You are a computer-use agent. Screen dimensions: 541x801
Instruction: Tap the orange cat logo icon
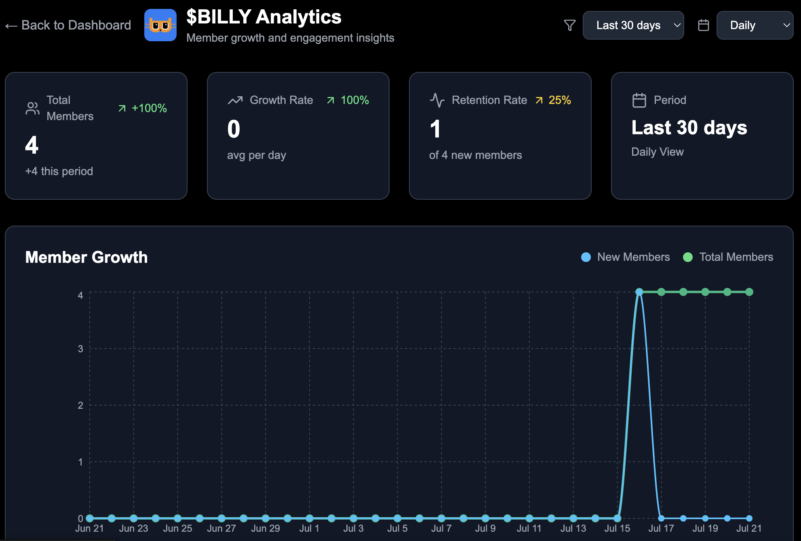[160, 25]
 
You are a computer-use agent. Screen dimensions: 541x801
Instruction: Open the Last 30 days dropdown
[633, 25]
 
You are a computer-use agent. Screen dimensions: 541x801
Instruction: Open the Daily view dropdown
[754, 25]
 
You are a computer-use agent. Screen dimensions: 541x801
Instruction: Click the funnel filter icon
[569, 25]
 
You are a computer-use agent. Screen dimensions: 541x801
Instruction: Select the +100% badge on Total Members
[143, 108]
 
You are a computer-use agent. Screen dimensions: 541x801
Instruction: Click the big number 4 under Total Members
[32, 145]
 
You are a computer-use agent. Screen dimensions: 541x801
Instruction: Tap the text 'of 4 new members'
[475, 155]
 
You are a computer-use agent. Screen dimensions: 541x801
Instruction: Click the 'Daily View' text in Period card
[657, 152]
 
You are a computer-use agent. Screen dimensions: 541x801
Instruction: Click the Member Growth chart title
[86, 257]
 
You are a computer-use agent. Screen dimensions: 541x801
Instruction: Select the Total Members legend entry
[728, 257]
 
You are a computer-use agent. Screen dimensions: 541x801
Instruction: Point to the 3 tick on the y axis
[80, 349]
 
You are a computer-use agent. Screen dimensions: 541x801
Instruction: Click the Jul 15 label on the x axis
[617, 528]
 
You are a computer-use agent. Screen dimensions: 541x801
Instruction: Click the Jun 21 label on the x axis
[89, 528]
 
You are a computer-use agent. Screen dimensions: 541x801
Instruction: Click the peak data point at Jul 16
[639, 292]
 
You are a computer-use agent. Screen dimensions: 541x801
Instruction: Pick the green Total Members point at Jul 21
[749, 292]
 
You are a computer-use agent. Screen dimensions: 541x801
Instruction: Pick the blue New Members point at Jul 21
[749, 518]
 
